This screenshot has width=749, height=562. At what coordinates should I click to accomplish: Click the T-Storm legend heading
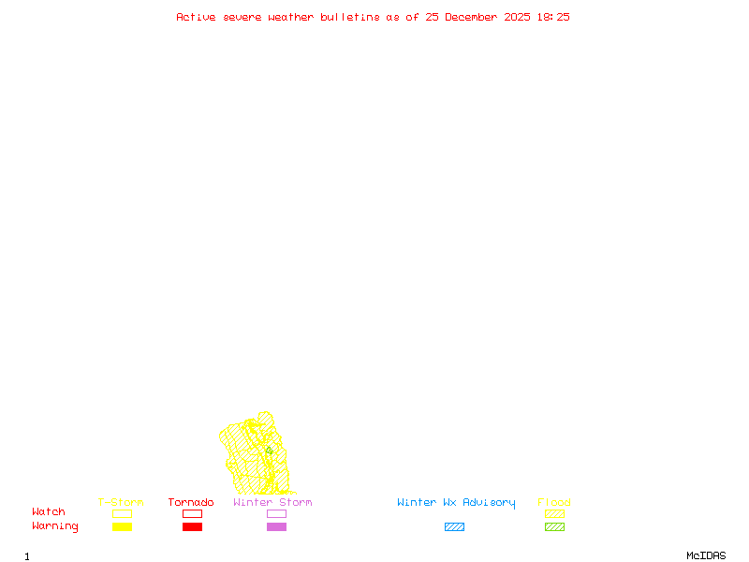pyautogui.click(x=121, y=503)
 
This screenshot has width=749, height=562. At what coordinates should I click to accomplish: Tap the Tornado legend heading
pyautogui.click(x=191, y=503)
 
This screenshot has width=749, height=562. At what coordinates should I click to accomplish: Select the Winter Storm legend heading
pyautogui.click(x=272, y=503)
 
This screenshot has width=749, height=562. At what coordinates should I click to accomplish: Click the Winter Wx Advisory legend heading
pyautogui.click(x=456, y=503)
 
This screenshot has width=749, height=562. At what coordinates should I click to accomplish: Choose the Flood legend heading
pyautogui.click(x=554, y=503)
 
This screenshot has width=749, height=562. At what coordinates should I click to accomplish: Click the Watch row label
pyautogui.click(x=49, y=512)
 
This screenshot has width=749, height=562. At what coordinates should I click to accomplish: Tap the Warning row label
pyautogui.click(x=55, y=526)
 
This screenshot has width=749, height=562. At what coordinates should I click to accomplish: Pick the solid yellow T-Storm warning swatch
pyautogui.click(x=122, y=527)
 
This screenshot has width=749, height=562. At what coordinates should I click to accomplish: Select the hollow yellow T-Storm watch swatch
pyautogui.click(x=122, y=513)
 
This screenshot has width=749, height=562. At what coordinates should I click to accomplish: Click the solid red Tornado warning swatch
pyautogui.click(x=192, y=527)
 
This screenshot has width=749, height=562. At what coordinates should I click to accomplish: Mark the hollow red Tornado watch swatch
pyautogui.click(x=192, y=513)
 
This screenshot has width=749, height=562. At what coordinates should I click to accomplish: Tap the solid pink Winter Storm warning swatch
pyautogui.click(x=276, y=527)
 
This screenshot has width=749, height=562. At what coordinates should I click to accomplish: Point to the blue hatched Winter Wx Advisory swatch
pyautogui.click(x=454, y=527)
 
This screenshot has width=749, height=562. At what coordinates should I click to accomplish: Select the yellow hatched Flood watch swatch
pyautogui.click(x=554, y=513)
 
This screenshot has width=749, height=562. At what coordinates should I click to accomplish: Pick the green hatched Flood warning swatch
pyautogui.click(x=554, y=527)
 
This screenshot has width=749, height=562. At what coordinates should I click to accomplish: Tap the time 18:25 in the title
pyautogui.click(x=552, y=17)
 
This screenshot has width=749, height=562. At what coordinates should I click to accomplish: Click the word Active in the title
pyautogui.click(x=197, y=17)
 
